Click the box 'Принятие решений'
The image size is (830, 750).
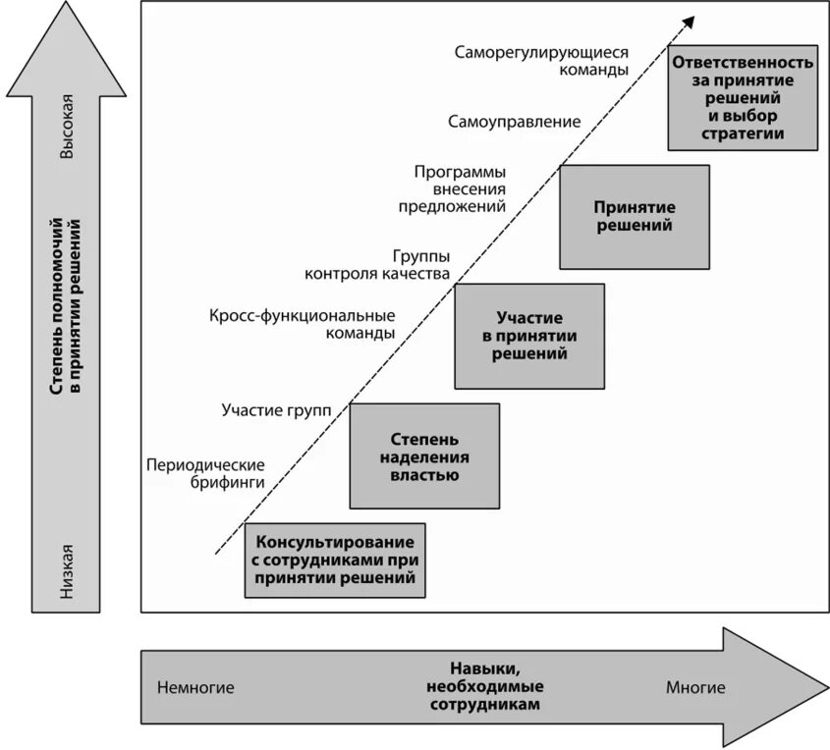(x=634, y=217)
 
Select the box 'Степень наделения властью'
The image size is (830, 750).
(x=424, y=455)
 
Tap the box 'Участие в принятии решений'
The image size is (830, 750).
(x=528, y=336)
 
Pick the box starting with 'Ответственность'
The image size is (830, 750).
(x=742, y=97)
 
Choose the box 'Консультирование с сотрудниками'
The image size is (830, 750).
(x=336, y=560)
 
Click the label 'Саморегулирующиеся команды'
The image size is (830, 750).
(x=541, y=62)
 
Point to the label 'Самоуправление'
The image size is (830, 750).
(x=515, y=122)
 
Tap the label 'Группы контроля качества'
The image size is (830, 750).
(x=377, y=264)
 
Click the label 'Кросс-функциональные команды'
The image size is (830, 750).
(x=303, y=324)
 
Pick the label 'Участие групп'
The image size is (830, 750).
(x=277, y=408)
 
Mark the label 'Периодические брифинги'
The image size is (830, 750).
(x=205, y=474)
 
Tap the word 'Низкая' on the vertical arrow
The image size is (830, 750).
(x=67, y=570)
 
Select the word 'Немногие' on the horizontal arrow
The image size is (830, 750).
(x=195, y=687)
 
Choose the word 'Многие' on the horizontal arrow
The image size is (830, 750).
(x=695, y=687)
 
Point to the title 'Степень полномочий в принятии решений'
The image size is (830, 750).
(x=67, y=314)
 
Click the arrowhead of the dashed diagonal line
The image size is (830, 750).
(x=690, y=20)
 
